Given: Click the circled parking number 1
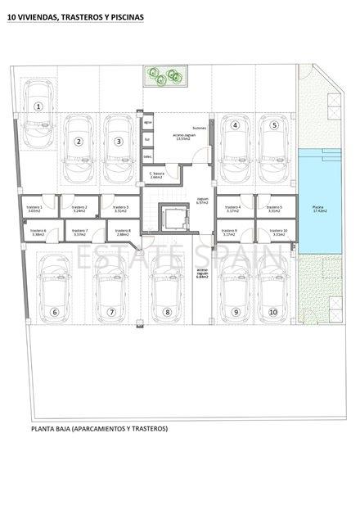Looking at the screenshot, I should [x=38, y=106].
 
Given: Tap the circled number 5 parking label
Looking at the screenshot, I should [x=275, y=125].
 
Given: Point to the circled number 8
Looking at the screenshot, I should [x=167, y=312].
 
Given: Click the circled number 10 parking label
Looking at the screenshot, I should [x=273, y=312].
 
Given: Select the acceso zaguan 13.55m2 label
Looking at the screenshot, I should [x=182, y=138].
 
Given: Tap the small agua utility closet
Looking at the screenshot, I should [x=148, y=123].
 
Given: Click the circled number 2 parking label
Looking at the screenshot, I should [x=79, y=142].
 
